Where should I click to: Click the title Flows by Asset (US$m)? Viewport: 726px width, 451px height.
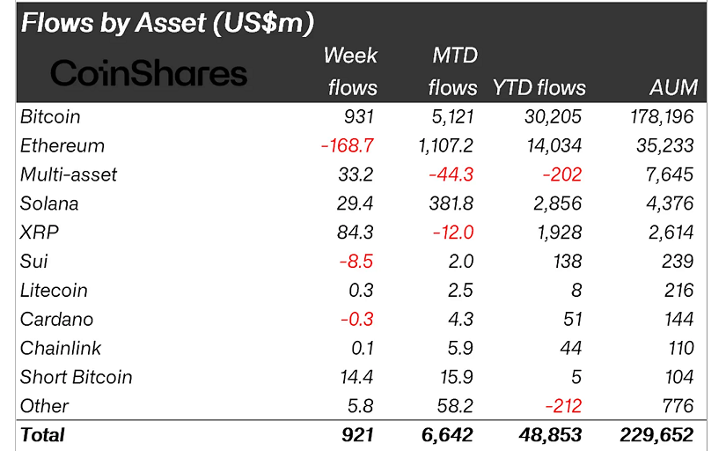[x=167, y=23]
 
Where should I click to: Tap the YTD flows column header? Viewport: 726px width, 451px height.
[x=539, y=87]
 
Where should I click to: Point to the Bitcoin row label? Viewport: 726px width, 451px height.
[x=50, y=116]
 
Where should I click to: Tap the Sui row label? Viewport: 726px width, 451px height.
[x=33, y=262]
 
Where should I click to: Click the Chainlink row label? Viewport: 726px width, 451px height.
[x=61, y=348]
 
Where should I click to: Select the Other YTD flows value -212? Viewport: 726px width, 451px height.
[x=560, y=406]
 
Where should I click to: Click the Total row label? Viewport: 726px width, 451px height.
[x=42, y=435]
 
